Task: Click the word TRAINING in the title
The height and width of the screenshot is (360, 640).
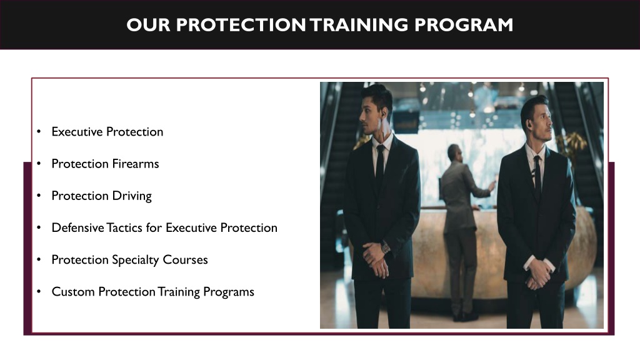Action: tap(358, 25)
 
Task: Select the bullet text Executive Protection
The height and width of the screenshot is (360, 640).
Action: tap(107, 132)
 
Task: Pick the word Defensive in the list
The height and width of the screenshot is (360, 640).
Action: tap(77, 227)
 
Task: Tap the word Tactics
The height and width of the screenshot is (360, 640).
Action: tap(125, 227)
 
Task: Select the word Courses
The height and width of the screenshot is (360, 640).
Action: tap(186, 259)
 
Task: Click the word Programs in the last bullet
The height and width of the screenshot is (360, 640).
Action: tap(229, 292)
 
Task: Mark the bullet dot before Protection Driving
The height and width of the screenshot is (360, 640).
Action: tap(39, 196)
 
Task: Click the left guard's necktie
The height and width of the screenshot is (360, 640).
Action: tap(379, 166)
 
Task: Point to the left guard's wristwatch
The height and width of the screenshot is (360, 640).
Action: tap(386, 247)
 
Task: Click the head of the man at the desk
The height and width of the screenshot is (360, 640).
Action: tap(453, 152)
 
